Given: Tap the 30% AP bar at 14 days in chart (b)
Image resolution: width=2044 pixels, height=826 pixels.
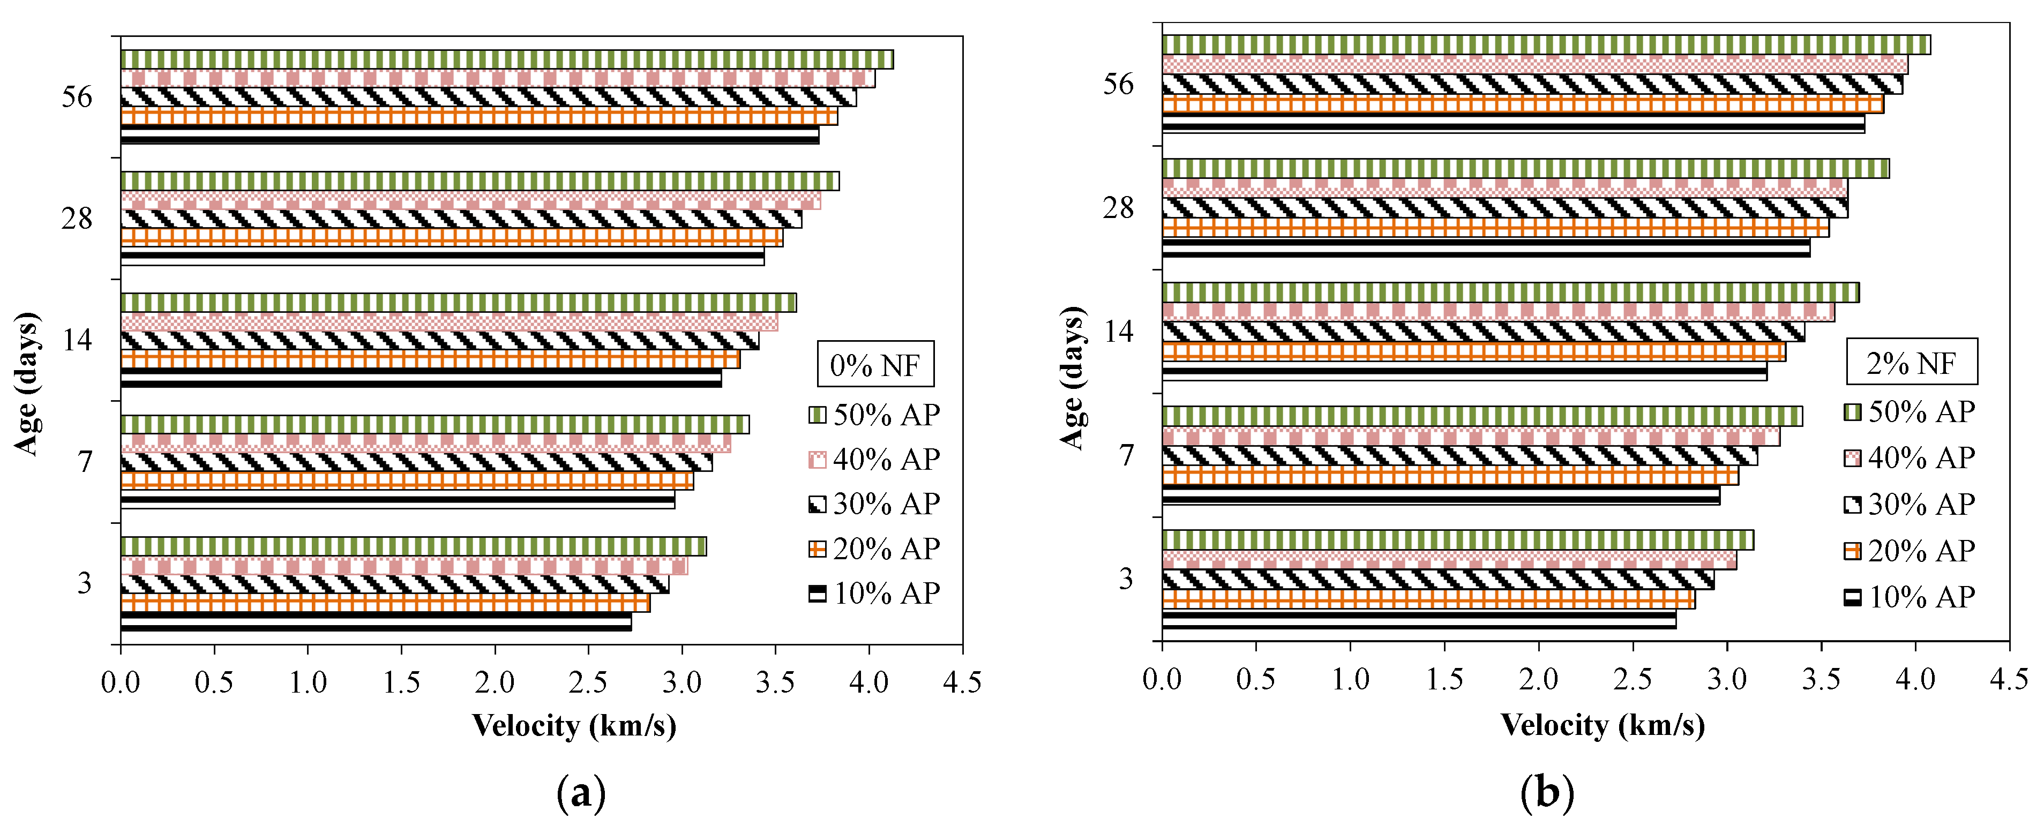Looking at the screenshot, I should click(1483, 332).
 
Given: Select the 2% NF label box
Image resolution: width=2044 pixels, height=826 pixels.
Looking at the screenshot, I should click(1911, 363).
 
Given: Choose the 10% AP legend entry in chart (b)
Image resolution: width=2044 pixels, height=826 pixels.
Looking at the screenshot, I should click(1910, 597).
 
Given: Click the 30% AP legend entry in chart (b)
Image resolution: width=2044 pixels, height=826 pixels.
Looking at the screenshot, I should click(1910, 505).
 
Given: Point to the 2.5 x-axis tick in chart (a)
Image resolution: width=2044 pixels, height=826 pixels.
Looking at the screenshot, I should click(588, 681).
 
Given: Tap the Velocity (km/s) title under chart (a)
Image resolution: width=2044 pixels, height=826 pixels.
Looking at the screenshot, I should click(574, 725).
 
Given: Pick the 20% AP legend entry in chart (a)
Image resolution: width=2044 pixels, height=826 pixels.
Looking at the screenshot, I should click(874, 549).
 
